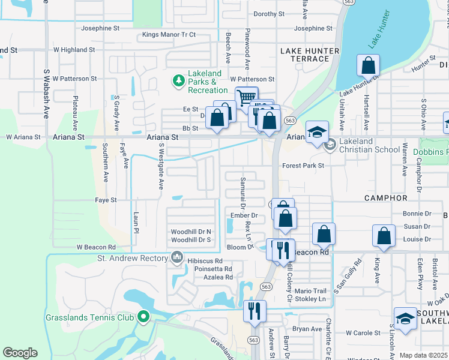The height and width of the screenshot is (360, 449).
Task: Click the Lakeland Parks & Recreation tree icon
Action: [178, 80]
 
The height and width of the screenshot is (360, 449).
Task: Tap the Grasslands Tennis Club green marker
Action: [143, 316]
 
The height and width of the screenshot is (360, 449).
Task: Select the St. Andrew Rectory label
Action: [134, 259]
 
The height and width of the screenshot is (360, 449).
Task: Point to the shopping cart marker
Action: [246, 97]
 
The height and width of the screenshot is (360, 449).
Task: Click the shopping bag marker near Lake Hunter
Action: [369, 65]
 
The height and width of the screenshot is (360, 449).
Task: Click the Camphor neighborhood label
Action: [385, 197]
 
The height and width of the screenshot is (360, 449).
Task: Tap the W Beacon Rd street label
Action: [96, 247]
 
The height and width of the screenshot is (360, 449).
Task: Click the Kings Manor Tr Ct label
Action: [169, 35]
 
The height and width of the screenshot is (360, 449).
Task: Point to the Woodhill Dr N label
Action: [191, 231]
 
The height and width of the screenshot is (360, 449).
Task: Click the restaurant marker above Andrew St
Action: [255, 311]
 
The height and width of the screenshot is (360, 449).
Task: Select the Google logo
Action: [20, 353]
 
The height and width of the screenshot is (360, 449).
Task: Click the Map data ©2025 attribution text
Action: [423, 355]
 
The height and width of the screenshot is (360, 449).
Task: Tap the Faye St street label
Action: [106, 200]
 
